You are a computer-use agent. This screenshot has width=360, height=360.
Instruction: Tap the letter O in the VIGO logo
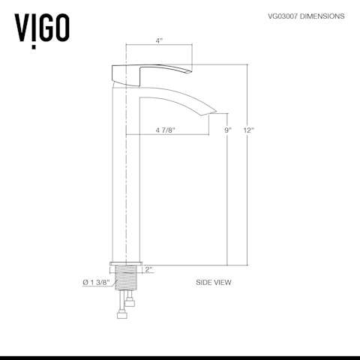click(62, 28)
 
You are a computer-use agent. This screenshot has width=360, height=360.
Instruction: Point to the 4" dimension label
click(159, 42)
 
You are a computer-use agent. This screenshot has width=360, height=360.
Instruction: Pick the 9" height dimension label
click(228, 130)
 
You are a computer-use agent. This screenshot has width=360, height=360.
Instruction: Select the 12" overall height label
click(249, 130)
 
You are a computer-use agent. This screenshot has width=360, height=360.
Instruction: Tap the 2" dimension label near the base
click(149, 268)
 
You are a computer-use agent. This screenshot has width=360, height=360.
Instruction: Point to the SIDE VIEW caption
click(213, 283)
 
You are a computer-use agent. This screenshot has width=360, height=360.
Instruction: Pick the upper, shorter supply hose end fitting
click(131, 302)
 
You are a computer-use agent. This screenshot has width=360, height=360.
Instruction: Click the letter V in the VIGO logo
click(23, 28)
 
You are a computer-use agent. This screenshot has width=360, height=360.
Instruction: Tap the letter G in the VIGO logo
click(45, 28)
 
